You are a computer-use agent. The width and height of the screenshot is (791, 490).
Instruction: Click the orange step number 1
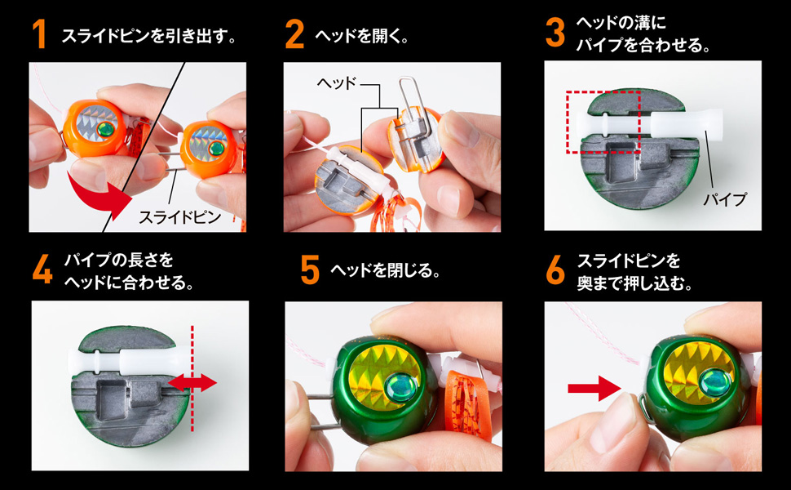[x=38, y=35]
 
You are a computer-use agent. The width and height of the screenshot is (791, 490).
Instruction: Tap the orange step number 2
[x=294, y=35]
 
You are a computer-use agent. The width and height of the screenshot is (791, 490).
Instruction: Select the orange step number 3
[x=555, y=33]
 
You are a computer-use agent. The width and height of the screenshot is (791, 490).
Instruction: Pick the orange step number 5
[x=309, y=270]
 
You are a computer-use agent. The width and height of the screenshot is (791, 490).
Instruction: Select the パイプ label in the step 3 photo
[x=727, y=198]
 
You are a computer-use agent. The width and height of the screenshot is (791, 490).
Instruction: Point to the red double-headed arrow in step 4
[x=192, y=382]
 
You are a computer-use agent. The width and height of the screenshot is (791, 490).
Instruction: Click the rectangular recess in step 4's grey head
[x=113, y=398]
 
